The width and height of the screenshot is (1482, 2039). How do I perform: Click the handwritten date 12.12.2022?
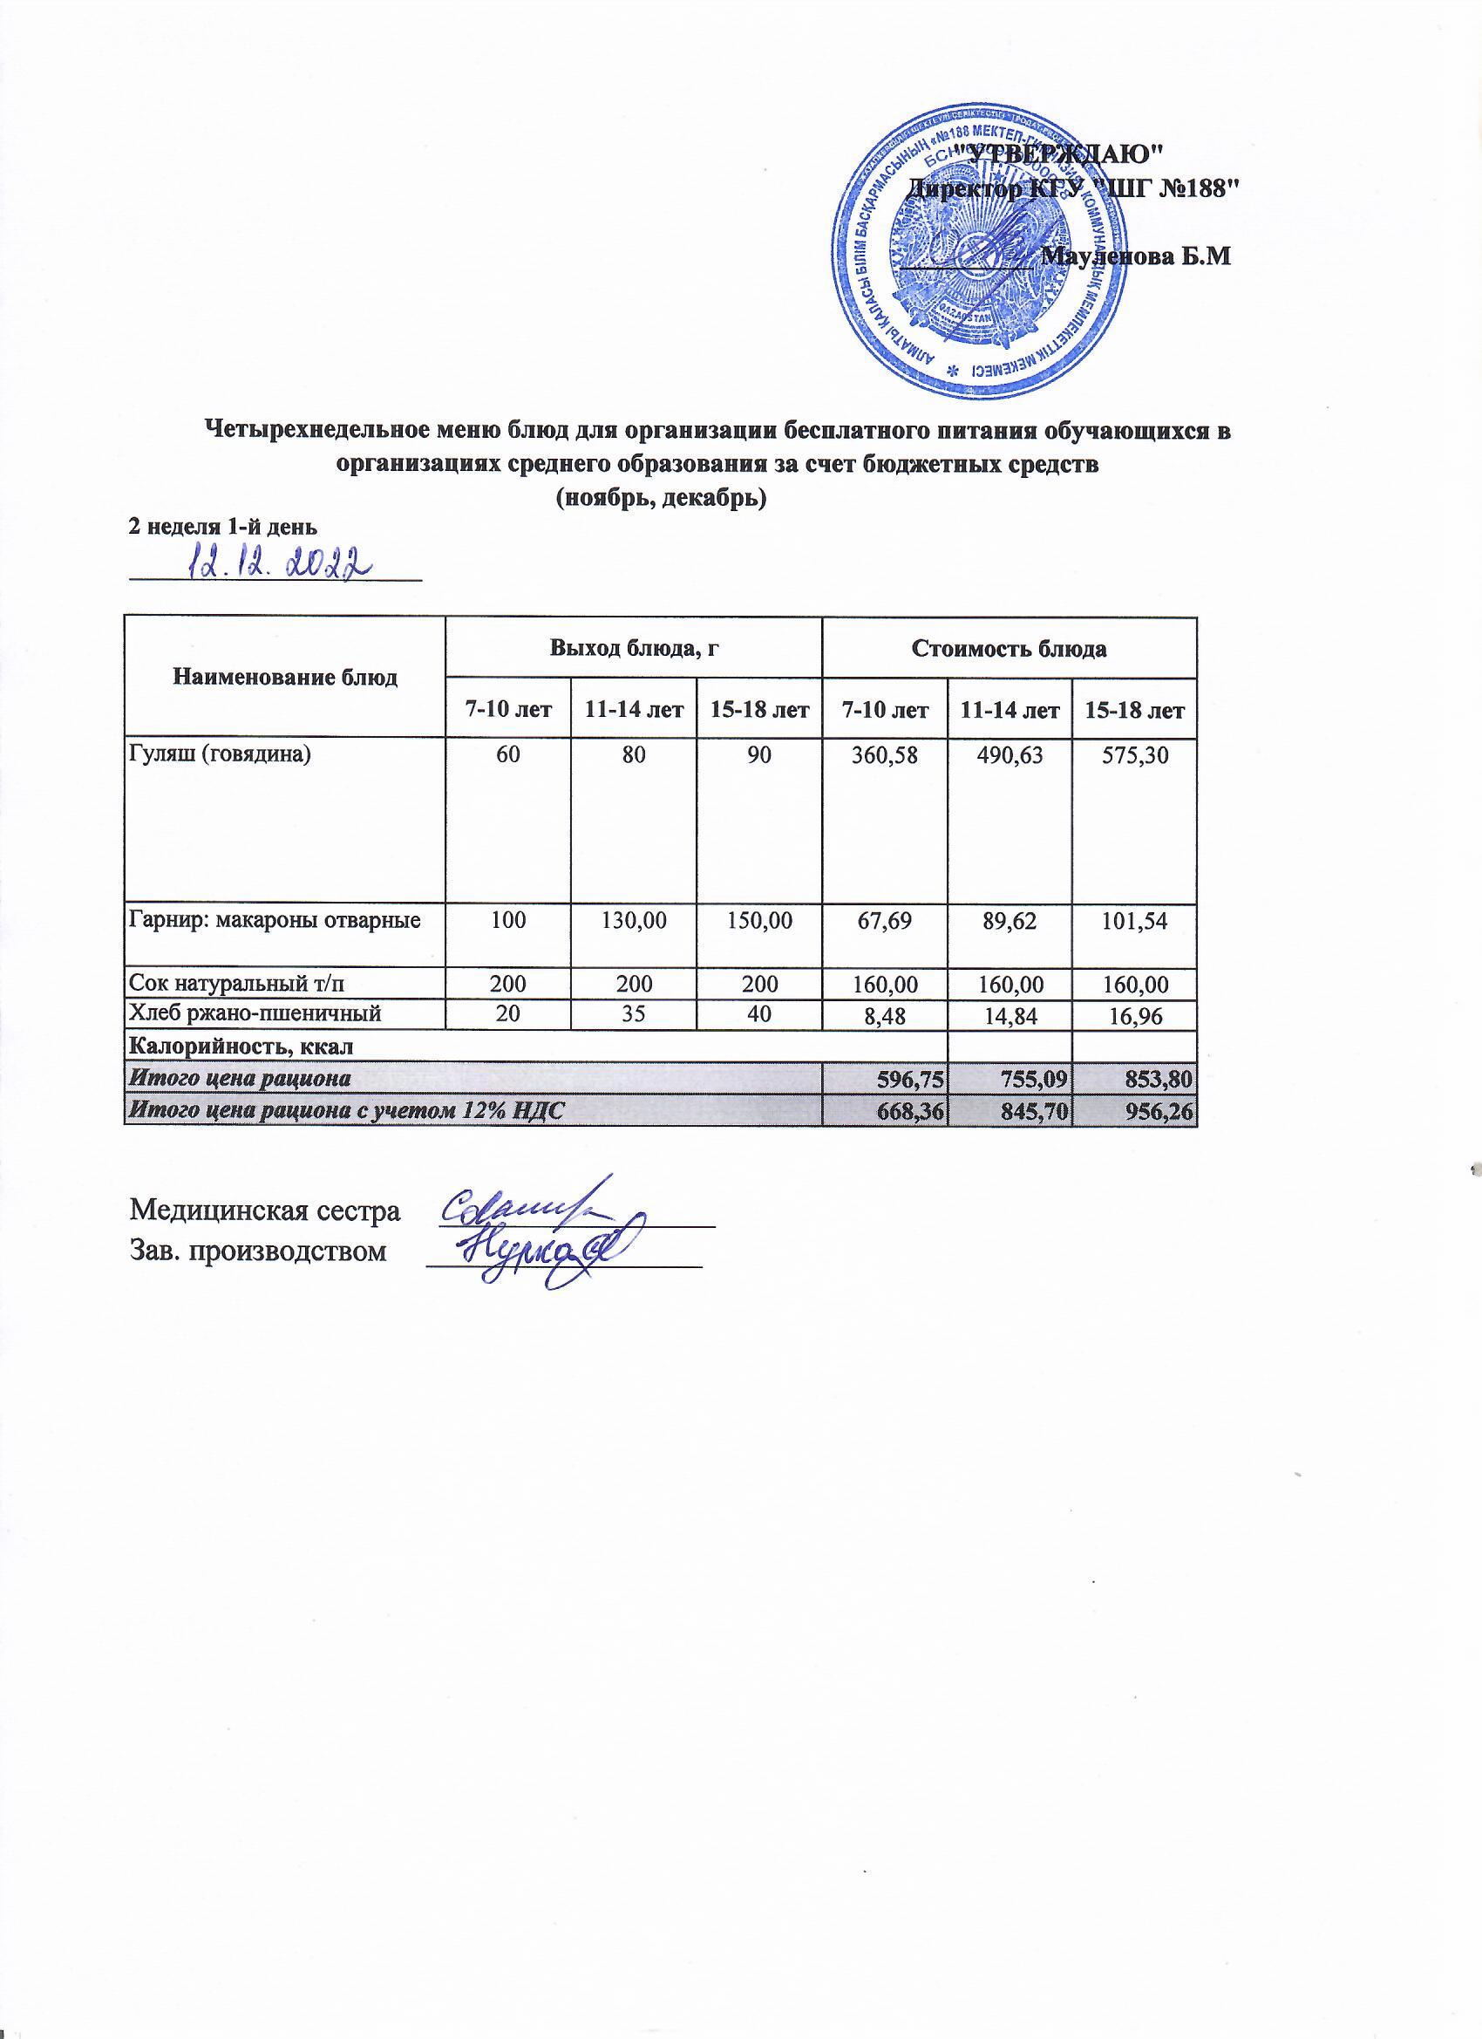(280, 563)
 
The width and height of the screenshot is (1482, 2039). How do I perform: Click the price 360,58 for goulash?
(883, 756)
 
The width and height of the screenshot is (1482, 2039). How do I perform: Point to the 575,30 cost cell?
(1136, 756)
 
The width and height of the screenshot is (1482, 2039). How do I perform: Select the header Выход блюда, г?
(634, 647)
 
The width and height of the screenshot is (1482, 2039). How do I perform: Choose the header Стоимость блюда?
(1010, 647)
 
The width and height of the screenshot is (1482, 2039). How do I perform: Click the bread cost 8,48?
(883, 1014)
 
